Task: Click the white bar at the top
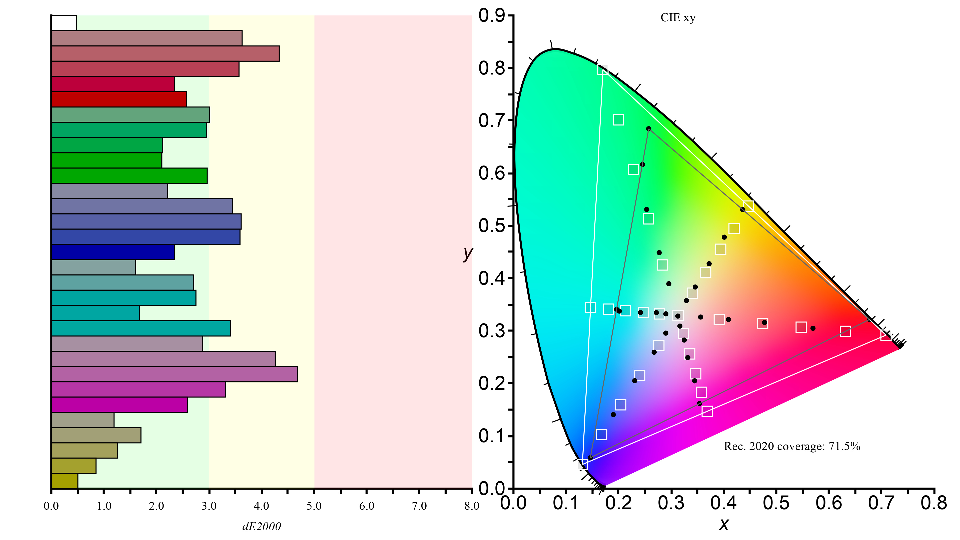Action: (64, 23)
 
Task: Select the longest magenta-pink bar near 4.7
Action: (174, 374)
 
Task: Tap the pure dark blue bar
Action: (113, 252)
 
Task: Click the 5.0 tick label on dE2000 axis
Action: (314, 506)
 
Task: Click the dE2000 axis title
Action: (262, 526)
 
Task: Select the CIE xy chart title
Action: (678, 18)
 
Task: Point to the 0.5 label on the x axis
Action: (776, 503)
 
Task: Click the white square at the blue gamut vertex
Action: (583, 464)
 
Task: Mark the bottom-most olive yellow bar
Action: (65, 481)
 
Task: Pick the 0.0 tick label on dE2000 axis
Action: (51, 506)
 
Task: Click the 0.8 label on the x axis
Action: (933, 503)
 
